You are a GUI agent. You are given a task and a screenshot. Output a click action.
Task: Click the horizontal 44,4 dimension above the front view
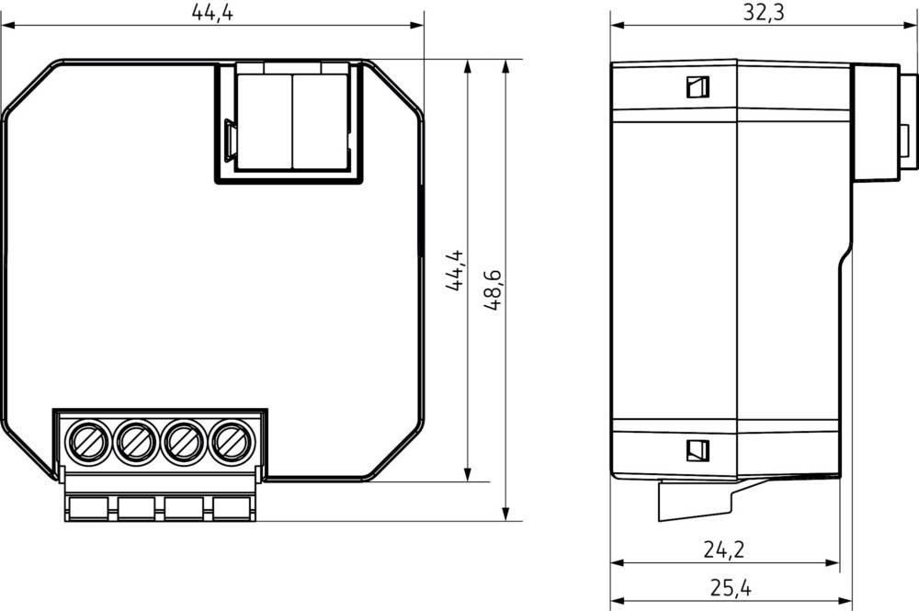point(212,12)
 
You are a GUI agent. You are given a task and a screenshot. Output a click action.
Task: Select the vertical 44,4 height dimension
point(454,271)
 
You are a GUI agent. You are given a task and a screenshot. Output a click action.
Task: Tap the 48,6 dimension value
point(493,290)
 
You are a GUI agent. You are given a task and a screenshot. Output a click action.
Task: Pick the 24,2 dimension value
point(724,549)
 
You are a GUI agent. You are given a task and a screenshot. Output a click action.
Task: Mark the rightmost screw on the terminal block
point(229,443)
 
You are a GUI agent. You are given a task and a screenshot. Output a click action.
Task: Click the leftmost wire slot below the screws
point(89,507)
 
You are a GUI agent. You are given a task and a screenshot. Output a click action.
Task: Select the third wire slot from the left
point(184,507)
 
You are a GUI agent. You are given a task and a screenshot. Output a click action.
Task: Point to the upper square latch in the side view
point(697,87)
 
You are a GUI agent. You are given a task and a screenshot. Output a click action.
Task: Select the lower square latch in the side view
point(697,450)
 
